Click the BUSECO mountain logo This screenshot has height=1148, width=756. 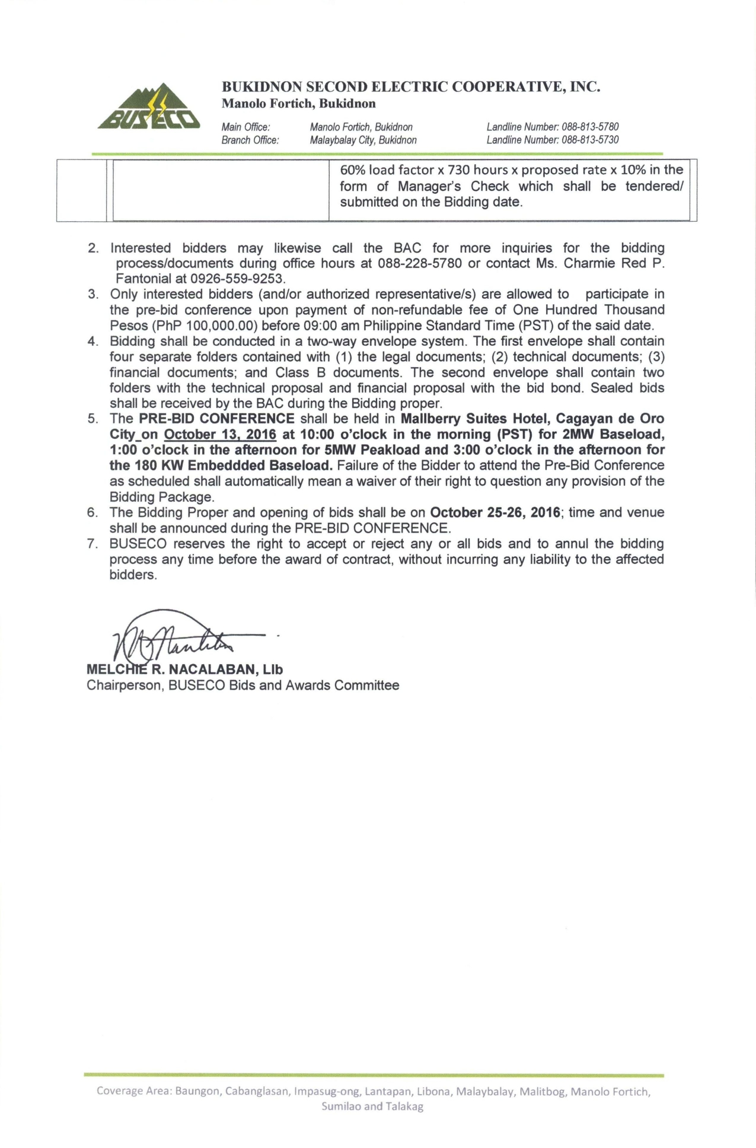(149, 107)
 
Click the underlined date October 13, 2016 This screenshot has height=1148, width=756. (220, 435)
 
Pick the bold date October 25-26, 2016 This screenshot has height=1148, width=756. (495, 512)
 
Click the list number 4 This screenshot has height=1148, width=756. (92, 342)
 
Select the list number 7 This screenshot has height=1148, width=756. (92, 544)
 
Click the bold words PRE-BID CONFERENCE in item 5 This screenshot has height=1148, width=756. (216, 419)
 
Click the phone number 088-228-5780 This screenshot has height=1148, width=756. (419, 263)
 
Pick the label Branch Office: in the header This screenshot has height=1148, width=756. (250, 141)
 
